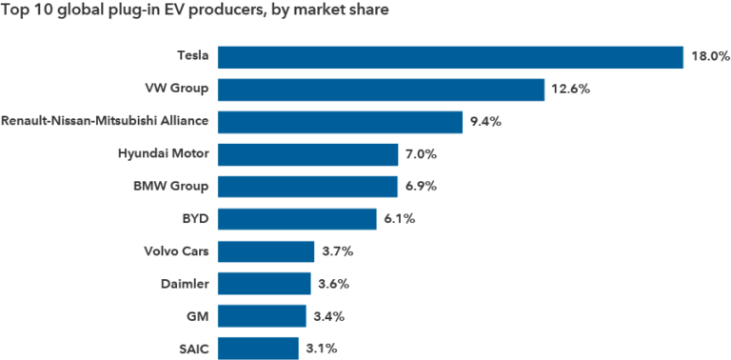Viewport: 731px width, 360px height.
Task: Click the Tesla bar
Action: (x=450, y=56)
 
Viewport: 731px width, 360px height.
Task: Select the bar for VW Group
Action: (x=381, y=90)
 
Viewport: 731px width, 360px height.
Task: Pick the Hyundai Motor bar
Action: (x=307, y=154)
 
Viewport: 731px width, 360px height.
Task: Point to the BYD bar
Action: (x=296, y=219)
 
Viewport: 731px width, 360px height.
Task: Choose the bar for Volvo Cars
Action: (x=266, y=251)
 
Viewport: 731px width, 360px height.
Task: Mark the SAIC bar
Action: (x=258, y=349)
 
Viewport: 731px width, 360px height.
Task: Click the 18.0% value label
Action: (x=710, y=57)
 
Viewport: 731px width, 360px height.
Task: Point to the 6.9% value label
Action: (x=419, y=187)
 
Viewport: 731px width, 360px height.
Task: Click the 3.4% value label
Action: (x=326, y=316)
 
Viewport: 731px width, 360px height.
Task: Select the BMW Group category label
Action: (x=169, y=186)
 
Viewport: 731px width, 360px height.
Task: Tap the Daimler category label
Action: (x=185, y=283)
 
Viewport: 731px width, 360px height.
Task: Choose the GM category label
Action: (x=199, y=315)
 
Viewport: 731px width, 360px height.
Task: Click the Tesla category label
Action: (x=193, y=56)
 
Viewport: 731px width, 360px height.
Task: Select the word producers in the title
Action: (x=223, y=12)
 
